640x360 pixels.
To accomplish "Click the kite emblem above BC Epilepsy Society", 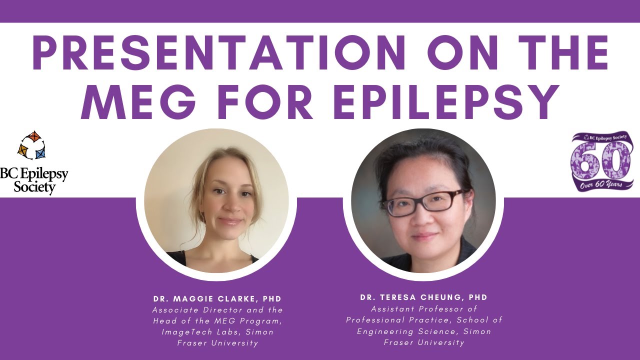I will coord(32,145).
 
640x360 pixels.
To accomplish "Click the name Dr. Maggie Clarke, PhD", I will coord(217,299).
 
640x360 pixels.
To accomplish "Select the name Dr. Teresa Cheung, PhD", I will coord(423,297).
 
